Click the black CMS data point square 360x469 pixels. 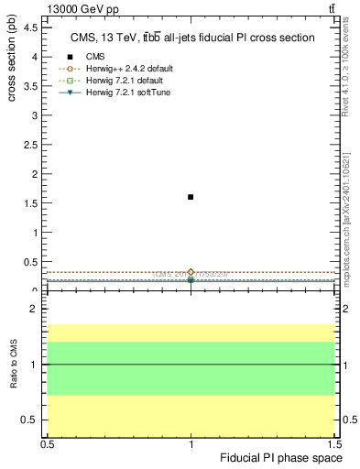click(x=191, y=197)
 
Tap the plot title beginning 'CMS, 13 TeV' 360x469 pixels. click(x=192, y=38)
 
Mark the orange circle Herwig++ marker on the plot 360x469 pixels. click(x=191, y=272)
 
